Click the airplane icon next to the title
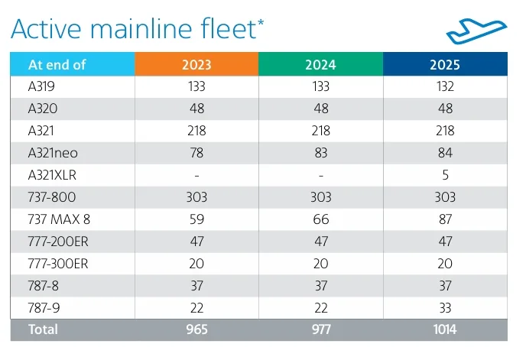coord(476,32)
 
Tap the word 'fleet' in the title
coord(229,28)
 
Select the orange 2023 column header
coord(196,64)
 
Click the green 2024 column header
coord(320,64)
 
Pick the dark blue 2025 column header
coord(445,64)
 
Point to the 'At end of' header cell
coord(73,64)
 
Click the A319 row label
coord(41,86)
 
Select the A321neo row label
coord(53,153)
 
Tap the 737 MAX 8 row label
coord(59,219)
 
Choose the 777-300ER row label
coord(58,264)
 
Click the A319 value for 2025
coord(445,86)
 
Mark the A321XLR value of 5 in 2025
coord(445,175)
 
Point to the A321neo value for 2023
coord(196,153)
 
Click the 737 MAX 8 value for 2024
coord(320,219)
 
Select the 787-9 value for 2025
coord(445,308)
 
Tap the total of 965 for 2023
coord(197,329)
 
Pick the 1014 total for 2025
coord(445,329)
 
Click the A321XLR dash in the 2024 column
coord(321,176)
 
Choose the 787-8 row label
coord(44,286)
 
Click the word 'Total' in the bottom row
coord(43,329)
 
